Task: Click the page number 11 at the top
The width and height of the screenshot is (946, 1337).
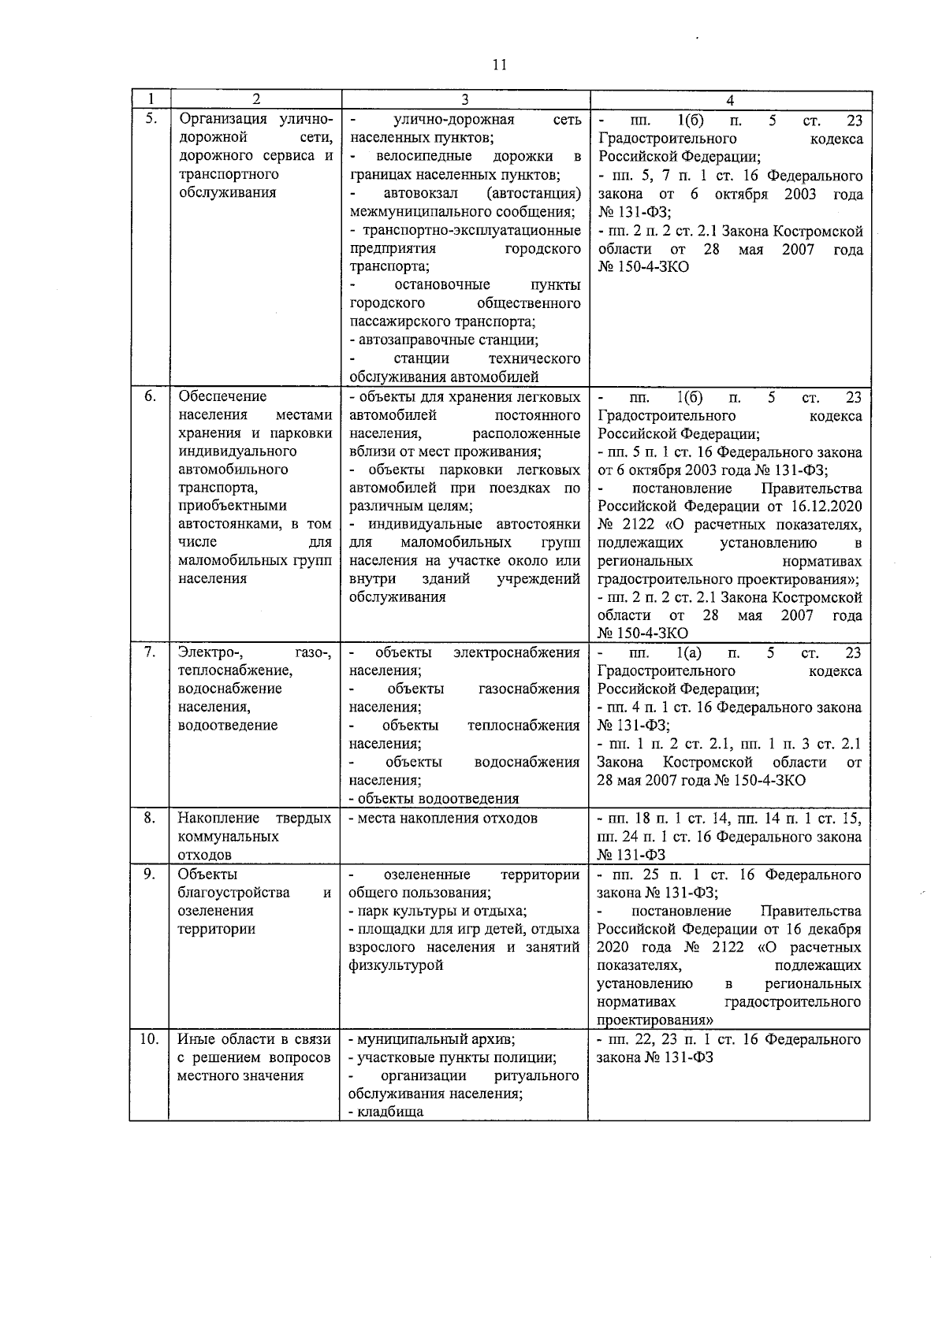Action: (498, 65)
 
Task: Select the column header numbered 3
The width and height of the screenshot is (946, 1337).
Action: (464, 100)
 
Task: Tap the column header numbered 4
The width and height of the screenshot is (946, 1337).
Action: (730, 100)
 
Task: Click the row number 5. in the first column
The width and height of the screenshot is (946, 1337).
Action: (151, 120)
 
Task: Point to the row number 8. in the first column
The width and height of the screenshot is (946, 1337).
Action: (150, 818)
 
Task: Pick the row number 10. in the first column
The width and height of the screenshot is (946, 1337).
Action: (149, 1038)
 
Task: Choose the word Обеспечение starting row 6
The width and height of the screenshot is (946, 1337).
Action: (222, 396)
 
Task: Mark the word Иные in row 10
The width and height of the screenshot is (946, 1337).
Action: (194, 1039)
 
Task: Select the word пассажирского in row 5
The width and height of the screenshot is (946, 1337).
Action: (400, 321)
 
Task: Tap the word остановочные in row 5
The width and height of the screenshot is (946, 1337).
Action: (441, 284)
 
